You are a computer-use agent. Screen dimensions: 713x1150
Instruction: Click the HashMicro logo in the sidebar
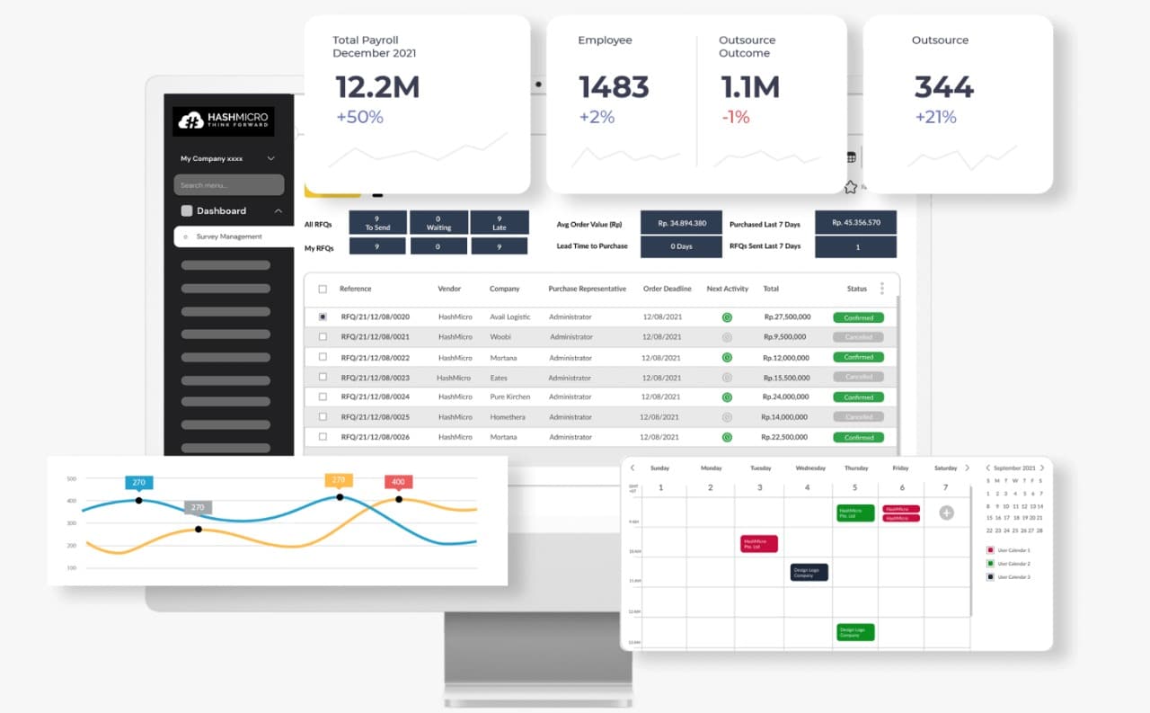[223, 121]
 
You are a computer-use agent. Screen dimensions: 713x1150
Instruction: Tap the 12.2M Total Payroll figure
[377, 87]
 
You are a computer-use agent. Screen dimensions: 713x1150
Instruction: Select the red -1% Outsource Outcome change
[735, 117]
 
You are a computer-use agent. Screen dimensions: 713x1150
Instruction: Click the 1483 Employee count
[614, 87]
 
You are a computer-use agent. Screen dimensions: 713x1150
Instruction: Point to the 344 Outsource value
[943, 87]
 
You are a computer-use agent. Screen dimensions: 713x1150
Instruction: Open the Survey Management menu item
[229, 236]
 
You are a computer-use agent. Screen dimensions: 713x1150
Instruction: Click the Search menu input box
[229, 185]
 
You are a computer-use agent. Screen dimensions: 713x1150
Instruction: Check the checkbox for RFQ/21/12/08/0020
[323, 316]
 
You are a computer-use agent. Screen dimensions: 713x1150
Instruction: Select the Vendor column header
[449, 289]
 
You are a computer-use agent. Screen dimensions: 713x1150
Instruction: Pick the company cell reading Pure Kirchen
[509, 397]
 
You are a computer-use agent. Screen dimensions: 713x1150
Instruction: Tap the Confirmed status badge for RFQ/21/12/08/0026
[858, 437]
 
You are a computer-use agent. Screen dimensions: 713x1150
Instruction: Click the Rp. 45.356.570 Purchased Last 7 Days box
[855, 223]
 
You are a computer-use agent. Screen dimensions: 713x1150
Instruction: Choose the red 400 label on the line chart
[398, 482]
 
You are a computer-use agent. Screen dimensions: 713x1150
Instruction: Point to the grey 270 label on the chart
[198, 507]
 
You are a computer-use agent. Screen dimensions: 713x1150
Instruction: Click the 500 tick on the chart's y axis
[71, 478]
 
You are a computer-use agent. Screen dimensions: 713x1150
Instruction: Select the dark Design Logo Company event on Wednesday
[809, 572]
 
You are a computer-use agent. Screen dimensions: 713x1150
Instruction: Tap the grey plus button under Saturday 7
[946, 512]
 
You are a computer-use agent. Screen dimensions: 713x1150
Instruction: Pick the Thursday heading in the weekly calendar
[856, 468]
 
